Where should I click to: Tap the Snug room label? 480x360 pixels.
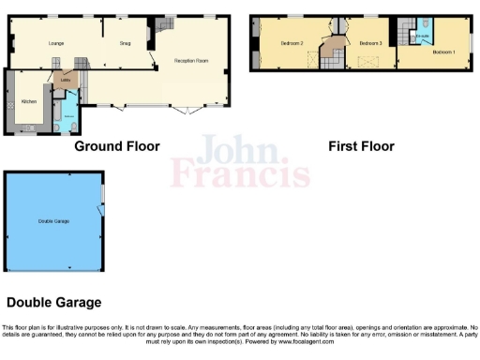click(x=124, y=44)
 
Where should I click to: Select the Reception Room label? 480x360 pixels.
click(x=190, y=61)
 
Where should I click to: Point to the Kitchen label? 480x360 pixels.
click(x=28, y=100)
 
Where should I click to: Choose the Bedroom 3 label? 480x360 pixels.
click(x=370, y=43)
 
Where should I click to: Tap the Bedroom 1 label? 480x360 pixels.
click(x=443, y=52)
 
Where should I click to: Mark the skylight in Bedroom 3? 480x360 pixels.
click(x=369, y=61)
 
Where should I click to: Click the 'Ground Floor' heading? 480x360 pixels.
click(x=117, y=146)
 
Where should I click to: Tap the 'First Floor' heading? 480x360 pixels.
click(x=361, y=146)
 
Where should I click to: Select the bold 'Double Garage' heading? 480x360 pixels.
click(x=54, y=303)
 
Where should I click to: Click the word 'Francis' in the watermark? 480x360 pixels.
click(x=239, y=173)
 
